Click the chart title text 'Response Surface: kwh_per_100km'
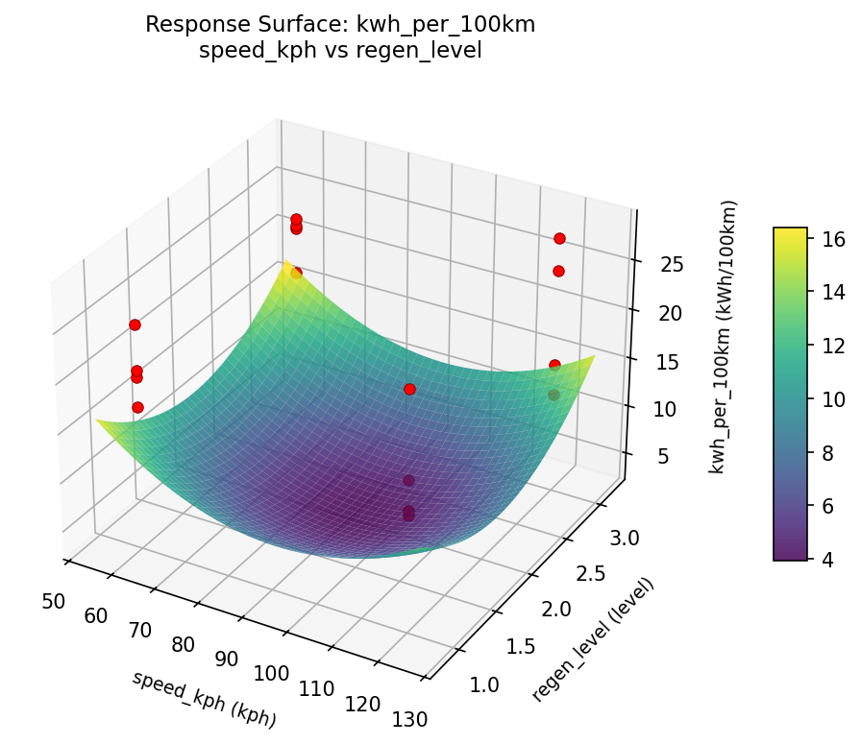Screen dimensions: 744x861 coord(340,25)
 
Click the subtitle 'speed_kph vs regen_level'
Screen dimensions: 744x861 coord(340,51)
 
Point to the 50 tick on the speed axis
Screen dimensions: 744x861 coord(54,601)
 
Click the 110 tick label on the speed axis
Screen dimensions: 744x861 coord(317,688)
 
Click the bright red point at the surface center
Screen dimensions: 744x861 coord(409,389)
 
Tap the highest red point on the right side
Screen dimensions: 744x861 coord(559,238)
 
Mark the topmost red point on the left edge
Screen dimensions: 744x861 coord(135,324)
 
